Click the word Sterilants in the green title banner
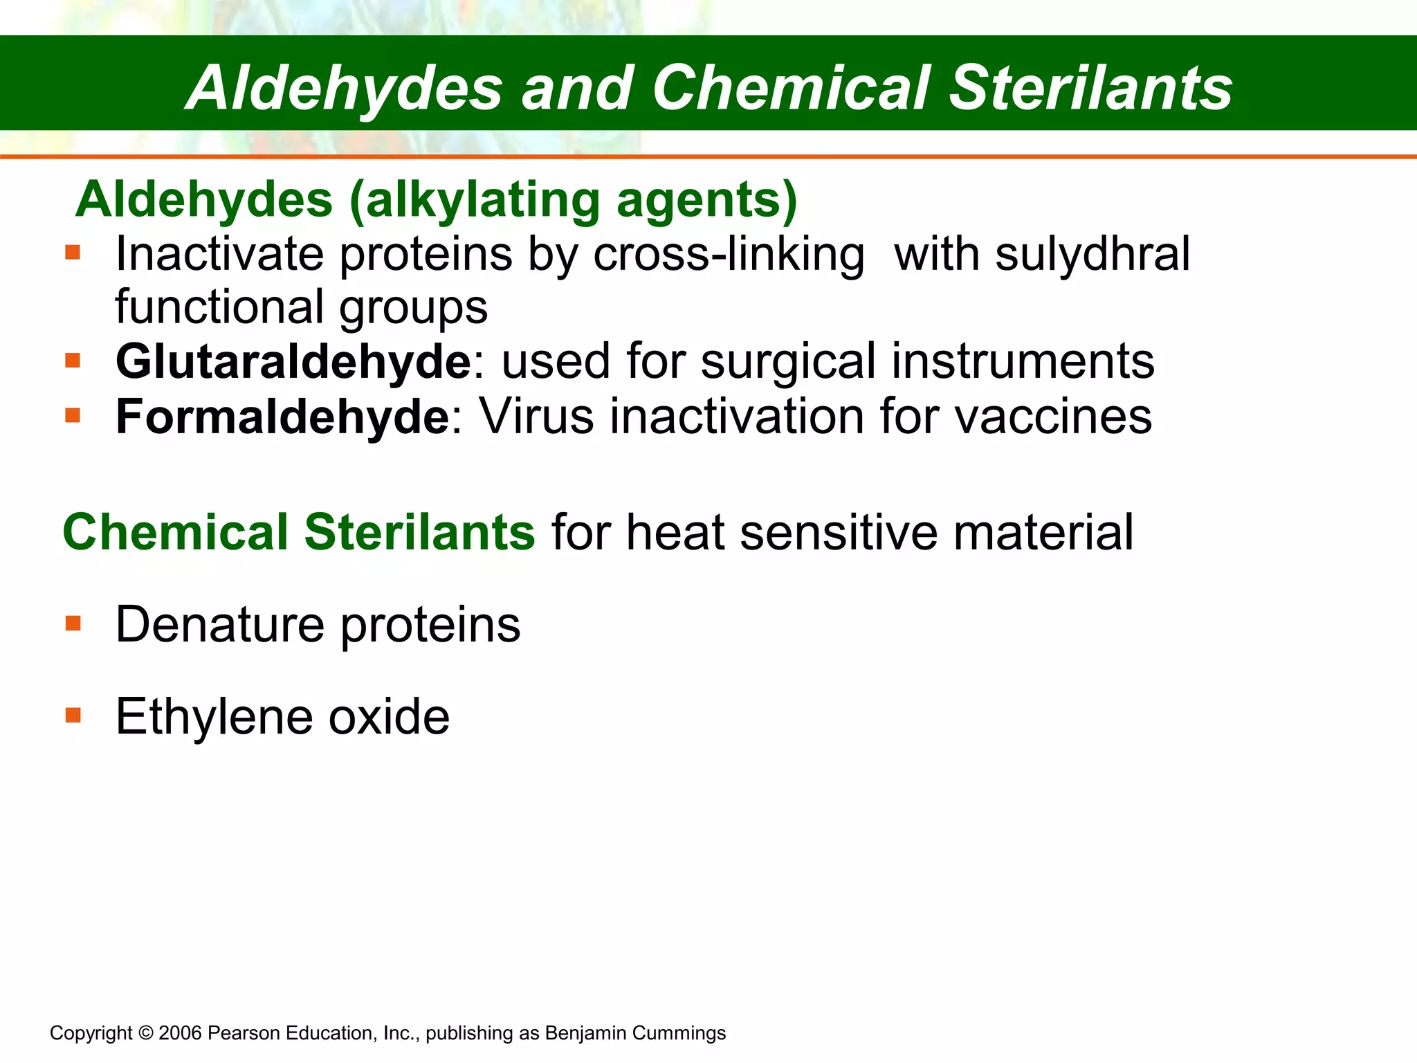pyautogui.click(x=1090, y=88)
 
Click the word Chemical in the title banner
pyautogui.click(x=790, y=88)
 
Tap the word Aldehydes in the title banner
pyautogui.click(x=346, y=88)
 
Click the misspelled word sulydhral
pyautogui.click(x=1093, y=255)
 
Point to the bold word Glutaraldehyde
pyautogui.click(x=293, y=362)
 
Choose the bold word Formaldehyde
pyautogui.click(x=282, y=417)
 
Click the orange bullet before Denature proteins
pyautogui.click(x=73, y=624)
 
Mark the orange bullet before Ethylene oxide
pyautogui.click(x=73, y=715)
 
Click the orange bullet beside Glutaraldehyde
pyautogui.click(x=73, y=361)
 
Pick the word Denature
pyautogui.click(x=219, y=625)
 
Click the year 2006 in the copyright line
pyautogui.click(x=180, y=1033)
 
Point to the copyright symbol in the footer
pyautogui.click(x=145, y=1033)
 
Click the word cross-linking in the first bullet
pyautogui.click(x=729, y=255)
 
